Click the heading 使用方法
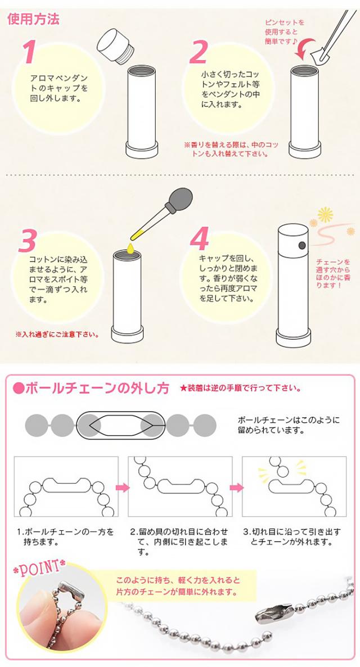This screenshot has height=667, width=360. point(33,20)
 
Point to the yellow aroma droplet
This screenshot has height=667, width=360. point(130,247)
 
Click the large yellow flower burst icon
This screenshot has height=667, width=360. point(325,215)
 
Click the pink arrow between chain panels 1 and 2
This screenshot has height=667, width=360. point(123,487)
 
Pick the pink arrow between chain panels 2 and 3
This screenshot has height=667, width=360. point(237,487)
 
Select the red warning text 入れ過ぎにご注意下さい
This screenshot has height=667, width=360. point(57,334)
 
